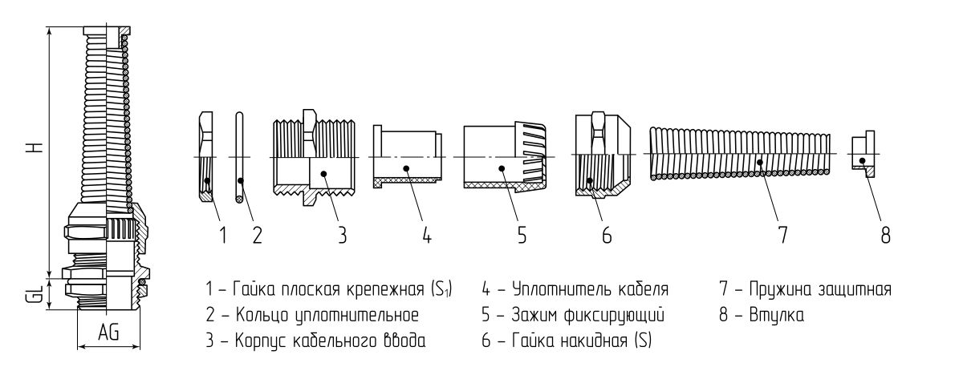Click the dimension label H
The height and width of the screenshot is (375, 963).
30,150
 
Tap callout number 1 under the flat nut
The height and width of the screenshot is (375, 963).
222,235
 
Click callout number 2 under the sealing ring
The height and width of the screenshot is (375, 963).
257,235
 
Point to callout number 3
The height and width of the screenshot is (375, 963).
341,235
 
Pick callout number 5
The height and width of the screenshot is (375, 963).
522,235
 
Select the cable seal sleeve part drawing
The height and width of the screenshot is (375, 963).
408,156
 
